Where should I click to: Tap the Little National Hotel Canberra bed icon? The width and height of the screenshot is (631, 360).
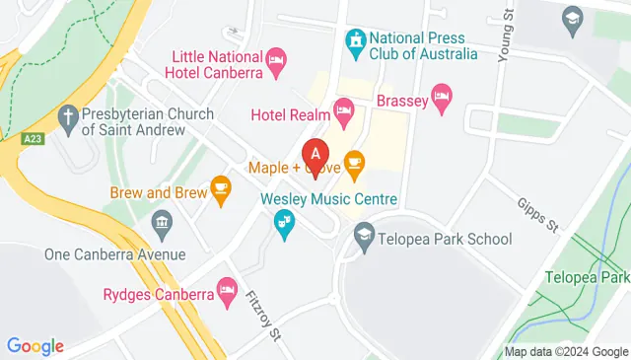tap(277, 61)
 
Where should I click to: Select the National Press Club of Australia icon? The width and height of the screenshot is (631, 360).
tap(354, 41)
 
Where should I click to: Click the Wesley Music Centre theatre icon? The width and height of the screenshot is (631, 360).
tap(284, 228)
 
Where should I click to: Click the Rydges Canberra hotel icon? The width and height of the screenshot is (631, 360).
tap(229, 292)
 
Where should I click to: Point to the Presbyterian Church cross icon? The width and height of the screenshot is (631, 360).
tap(69, 121)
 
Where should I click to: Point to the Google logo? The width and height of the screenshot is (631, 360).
tap(35, 346)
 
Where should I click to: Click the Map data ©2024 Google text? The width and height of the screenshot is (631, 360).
tap(567, 351)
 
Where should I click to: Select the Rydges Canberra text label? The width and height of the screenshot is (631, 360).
tap(159, 294)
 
